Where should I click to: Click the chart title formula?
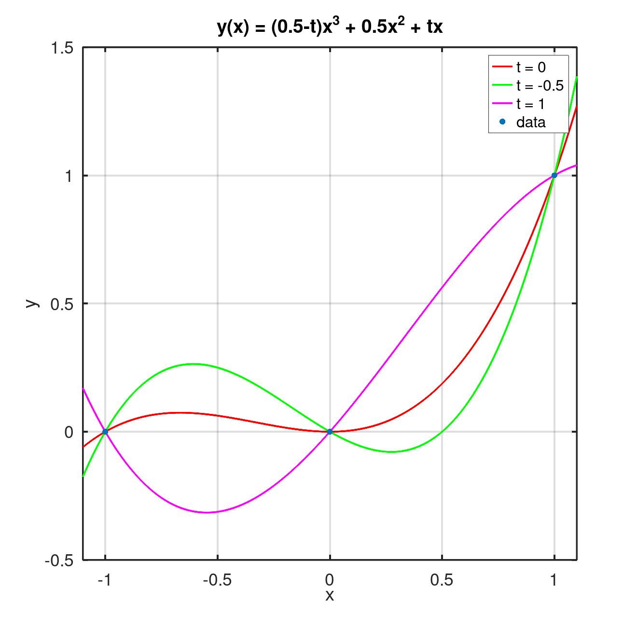point(330,27)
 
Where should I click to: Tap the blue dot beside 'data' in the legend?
point(502,123)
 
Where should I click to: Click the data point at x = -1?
point(105,432)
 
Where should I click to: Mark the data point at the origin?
point(330,432)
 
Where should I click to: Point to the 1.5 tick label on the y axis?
point(62,48)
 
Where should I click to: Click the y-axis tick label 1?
point(69,176)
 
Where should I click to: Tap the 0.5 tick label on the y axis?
point(62,304)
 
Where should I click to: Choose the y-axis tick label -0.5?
point(59,561)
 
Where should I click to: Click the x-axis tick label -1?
point(104,580)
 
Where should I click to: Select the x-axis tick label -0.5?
point(217,580)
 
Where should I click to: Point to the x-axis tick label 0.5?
point(442,580)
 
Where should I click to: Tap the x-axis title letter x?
point(330,596)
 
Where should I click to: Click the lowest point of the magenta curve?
point(207,512)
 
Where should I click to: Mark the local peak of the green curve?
point(194,364)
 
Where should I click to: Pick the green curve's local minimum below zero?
point(391,452)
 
